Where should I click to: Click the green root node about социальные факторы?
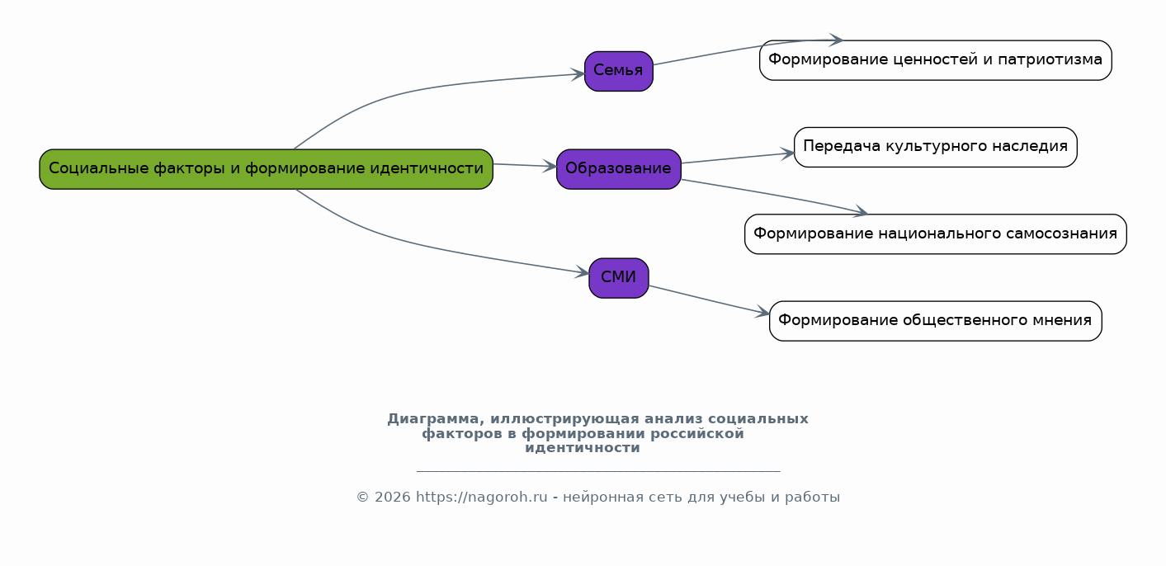[x=266, y=169]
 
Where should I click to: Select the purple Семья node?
[x=618, y=71]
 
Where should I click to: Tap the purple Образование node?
[x=618, y=169]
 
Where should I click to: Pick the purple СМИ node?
[x=618, y=278]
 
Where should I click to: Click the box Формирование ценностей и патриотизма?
[x=935, y=60]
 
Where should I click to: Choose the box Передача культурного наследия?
[x=935, y=147]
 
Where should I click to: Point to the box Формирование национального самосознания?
[x=935, y=234]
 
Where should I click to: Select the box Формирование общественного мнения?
[x=935, y=321]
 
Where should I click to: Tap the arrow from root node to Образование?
[x=525, y=166]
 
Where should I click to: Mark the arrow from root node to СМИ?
[x=429, y=247]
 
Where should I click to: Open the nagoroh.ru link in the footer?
[x=481, y=498]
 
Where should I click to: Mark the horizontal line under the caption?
[x=597, y=471]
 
